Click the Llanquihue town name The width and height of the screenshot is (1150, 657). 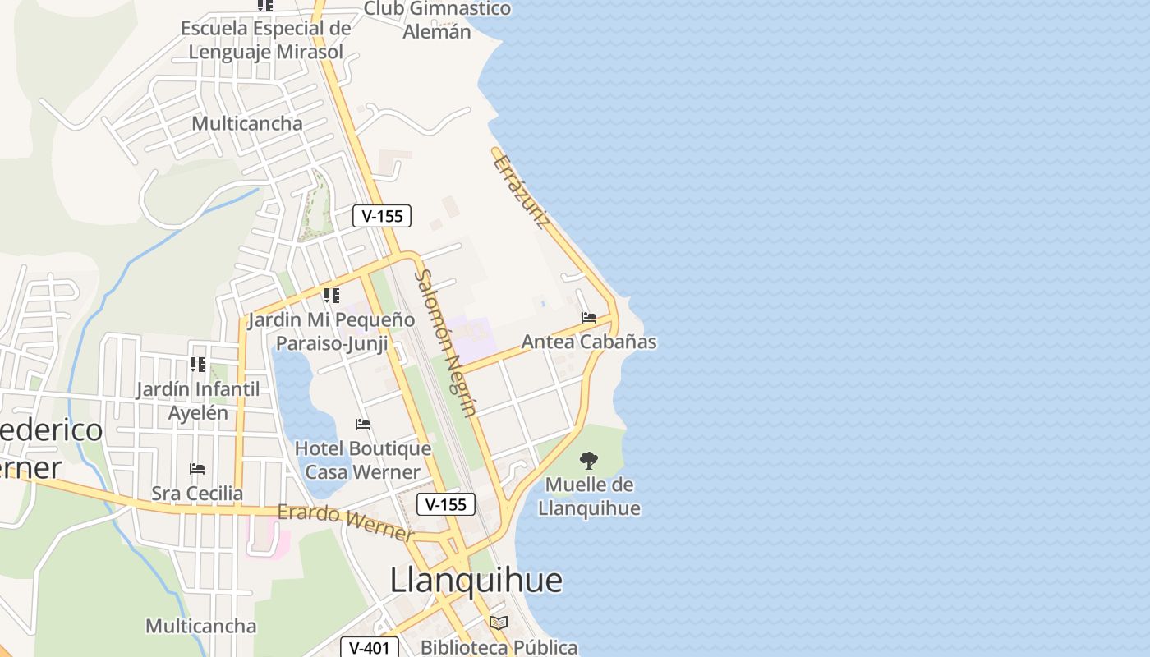click(476, 580)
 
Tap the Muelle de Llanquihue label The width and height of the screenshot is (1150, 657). click(589, 496)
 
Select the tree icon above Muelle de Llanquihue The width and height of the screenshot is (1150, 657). click(589, 461)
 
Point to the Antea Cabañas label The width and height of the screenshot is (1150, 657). click(589, 342)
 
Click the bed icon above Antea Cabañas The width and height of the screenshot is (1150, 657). click(589, 317)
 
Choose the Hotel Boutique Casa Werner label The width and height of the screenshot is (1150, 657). click(362, 460)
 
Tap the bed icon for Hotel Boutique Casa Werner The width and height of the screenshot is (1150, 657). click(363, 425)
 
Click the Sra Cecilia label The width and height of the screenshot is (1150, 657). click(197, 494)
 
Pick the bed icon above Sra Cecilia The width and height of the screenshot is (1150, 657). click(197, 469)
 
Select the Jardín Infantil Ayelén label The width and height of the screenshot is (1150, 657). click(198, 400)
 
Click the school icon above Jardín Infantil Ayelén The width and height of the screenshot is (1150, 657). click(198, 364)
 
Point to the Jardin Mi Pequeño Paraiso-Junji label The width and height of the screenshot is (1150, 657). click(332, 331)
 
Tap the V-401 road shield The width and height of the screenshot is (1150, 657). click(369, 648)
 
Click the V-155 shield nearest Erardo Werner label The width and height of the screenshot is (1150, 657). click(446, 504)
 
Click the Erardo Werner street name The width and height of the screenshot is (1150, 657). click(346, 522)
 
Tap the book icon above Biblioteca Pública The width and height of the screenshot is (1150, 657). click(499, 623)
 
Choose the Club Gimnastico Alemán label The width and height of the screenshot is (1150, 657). click(437, 21)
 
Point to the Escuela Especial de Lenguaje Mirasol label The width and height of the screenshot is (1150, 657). click(265, 39)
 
